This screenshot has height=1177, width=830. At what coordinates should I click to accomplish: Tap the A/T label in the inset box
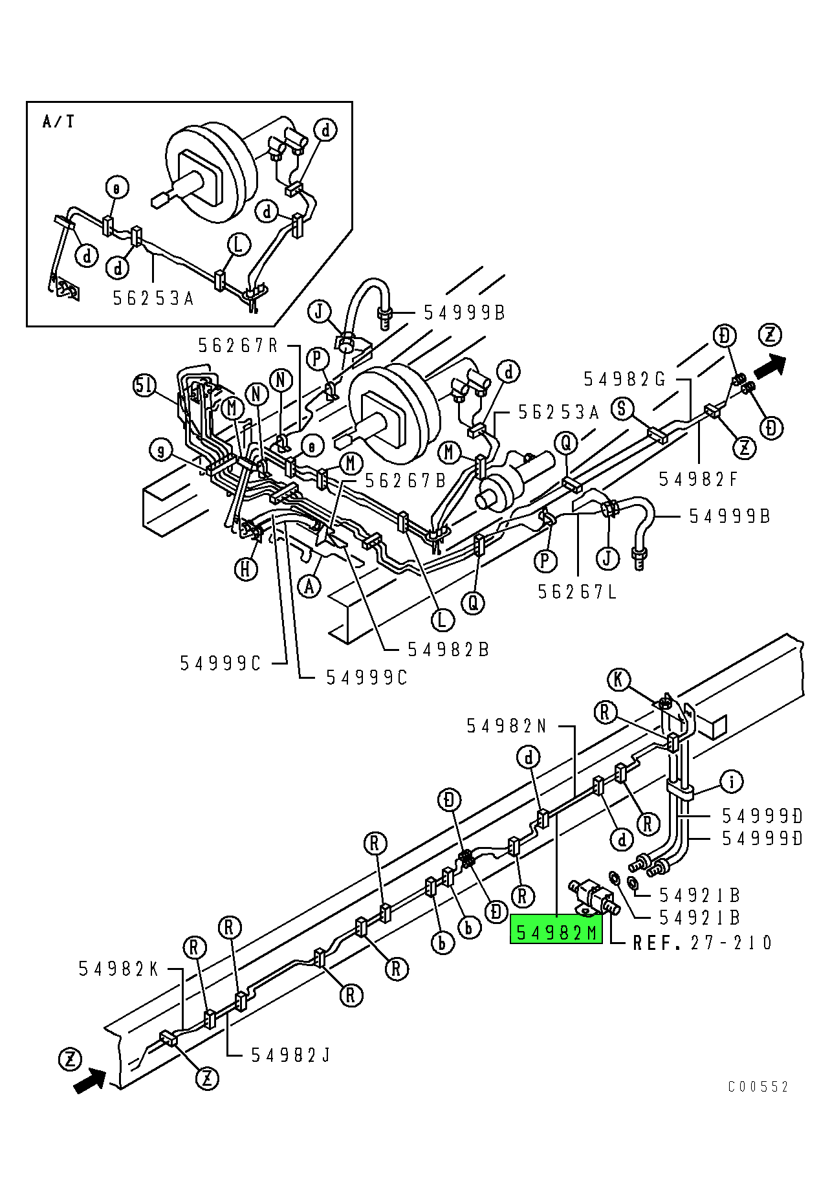click(58, 121)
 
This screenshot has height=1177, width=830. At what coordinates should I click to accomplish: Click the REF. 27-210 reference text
click(702, 943)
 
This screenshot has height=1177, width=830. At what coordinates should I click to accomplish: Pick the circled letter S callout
click(622, 408)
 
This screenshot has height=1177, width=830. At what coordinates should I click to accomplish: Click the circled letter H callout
click(246, 569)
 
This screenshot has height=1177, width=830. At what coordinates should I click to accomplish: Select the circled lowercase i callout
click(732, 782)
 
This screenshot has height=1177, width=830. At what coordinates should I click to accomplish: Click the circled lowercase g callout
click(160, 450)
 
